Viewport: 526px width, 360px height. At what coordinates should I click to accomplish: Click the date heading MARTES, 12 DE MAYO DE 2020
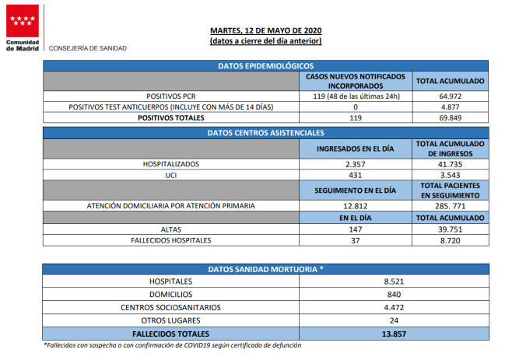pyautogui.click(x=265, y=30)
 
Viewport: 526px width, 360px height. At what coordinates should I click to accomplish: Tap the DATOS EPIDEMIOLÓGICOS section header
pyautogui.click(x=265, y=66)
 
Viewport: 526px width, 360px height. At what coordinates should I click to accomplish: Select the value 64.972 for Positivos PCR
pyautogui.click(x=450, y=96)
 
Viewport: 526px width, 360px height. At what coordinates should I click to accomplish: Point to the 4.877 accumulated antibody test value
pyautogui.click(x=450, y=107)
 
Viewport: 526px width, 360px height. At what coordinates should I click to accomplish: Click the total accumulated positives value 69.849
pyautogui.click(x=450, y=118)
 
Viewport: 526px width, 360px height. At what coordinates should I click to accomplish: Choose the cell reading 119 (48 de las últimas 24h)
pyautogui.click(x=356, y=96)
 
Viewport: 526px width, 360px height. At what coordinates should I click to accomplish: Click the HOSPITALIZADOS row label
pyautogui.click(x=171, y=165)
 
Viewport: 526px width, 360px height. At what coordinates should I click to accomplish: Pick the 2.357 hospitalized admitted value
pyautogui.click(x=356, y=165)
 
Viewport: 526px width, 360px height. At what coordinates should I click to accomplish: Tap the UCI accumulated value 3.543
pyautogui.click(x=450, y=176)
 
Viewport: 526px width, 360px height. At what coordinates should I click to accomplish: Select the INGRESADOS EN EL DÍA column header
pyautogui.click(x=356, y=149)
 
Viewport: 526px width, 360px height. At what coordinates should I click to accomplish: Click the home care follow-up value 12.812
pyautogui.click(x=356, y=206)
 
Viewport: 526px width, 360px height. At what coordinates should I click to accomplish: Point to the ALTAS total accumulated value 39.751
pyautogui.click(x=450, y=230)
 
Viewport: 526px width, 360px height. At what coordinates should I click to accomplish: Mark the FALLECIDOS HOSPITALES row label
pyautogui.click(x=171, y=241)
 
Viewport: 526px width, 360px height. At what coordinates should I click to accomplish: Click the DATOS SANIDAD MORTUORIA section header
pyautogui.click(x=265, y=269)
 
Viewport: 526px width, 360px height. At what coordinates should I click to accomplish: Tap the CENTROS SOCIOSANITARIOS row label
pyautogui.click(x=171, y=307)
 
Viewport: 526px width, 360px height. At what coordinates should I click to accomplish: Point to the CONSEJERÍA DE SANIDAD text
pyautogui.click(x=88, y=48)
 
